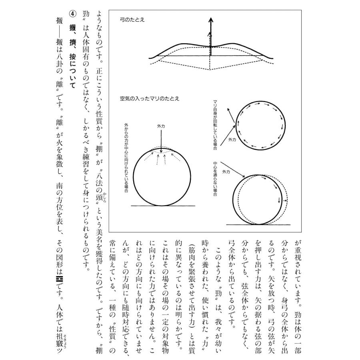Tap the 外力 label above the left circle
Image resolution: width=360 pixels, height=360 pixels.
tap(161, 126)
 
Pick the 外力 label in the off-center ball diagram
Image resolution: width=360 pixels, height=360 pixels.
tap(226, 172)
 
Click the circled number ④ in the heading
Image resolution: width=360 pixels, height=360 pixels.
tap(72, 14)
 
